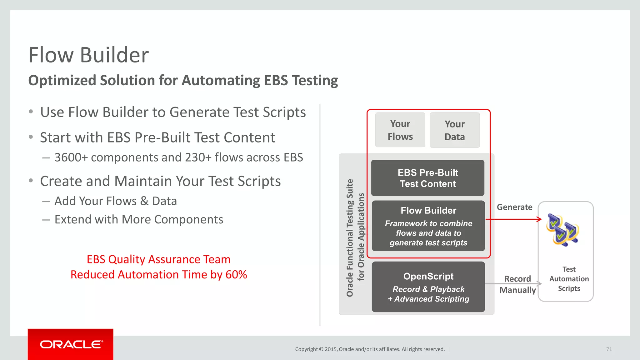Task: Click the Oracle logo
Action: (x=71, y=344)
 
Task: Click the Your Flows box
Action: (x=400, y=130)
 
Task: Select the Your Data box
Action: (x=455, y=130)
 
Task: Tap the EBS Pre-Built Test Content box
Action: (x=428, y=178)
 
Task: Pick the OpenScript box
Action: (x=428, y=287)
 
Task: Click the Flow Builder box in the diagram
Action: (x=428, y=226)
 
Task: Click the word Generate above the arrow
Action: (x=514, y=207)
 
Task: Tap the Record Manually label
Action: (x=517, y=284)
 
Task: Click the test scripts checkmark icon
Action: (x=562, y=230)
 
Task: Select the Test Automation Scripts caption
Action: (x=569, y=279)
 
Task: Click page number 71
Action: (x=609, y=349)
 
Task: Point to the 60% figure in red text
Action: (x=236, y=275)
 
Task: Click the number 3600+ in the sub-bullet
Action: (x=71, y=157)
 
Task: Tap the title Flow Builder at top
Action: (x=88, y=55)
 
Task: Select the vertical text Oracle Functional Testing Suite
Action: (x=350, y=237)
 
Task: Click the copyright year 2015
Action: (x=331, y=349)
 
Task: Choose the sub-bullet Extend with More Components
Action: (x=139, y=220)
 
